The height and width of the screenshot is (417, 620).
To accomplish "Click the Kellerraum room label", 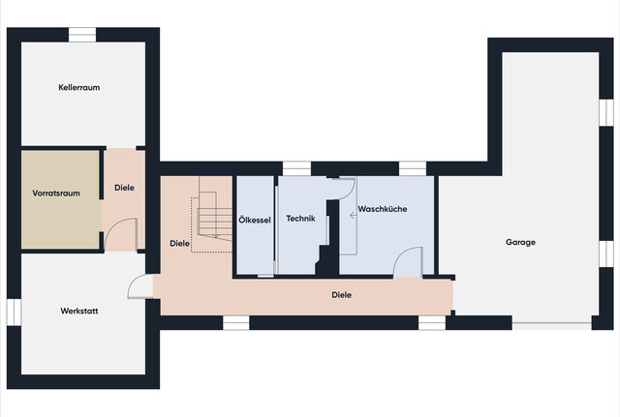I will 79,87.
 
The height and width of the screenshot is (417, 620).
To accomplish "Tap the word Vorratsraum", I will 56,194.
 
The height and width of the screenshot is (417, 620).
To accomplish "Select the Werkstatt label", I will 79,311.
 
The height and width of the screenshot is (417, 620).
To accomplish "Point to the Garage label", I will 520,242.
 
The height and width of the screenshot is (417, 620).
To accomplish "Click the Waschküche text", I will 383,209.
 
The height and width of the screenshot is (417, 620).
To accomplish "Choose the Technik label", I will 301,219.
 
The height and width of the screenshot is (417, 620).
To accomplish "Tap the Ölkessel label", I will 255,221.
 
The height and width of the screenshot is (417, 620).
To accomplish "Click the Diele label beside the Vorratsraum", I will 125,188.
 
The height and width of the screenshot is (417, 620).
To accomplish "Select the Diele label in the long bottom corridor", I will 341,294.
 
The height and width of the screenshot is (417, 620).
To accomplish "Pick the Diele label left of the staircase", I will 179,243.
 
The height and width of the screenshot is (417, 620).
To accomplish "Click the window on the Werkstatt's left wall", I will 14,312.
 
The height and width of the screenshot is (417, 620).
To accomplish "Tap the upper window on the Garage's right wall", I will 605,112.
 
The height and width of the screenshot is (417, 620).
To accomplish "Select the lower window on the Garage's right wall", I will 605,253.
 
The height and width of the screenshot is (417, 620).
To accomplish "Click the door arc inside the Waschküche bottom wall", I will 407,261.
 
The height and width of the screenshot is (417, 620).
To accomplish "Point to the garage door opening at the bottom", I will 552,323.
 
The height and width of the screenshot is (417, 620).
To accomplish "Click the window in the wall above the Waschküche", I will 414,167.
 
